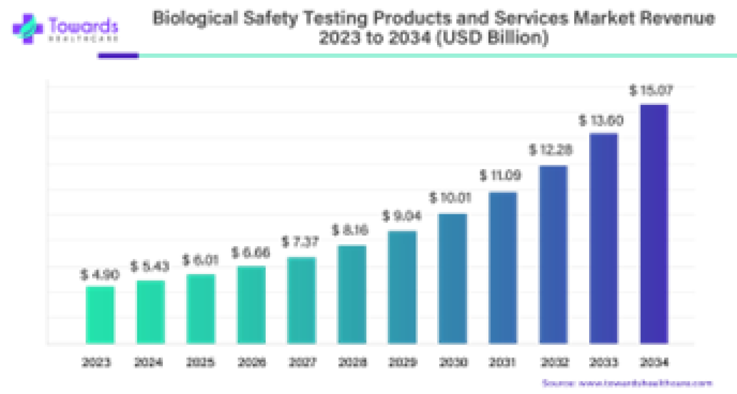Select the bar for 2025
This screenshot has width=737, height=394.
click(200, 308)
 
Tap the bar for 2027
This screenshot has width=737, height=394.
click(301, 299)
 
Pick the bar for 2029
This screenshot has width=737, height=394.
click(402, 286)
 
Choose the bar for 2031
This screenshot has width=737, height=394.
click(503, 267)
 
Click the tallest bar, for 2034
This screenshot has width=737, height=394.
click(655, 223)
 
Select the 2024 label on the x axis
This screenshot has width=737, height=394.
click(148, 362)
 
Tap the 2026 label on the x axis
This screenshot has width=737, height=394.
click(251, 362)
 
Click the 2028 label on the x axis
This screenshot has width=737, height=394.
click(353, 362)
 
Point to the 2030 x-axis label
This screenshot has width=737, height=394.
click(453, 362)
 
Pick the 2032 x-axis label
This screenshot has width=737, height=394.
click(554, 362)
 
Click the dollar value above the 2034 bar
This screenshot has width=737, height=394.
click(651, 92)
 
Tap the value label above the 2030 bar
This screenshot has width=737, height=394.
click(451, 198)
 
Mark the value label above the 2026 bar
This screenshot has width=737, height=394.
click(251, 253)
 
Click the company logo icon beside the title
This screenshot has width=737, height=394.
click(25, 27)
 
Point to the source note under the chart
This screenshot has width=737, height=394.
click(627, 383)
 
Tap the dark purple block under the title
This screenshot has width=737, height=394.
click(118, 55)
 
